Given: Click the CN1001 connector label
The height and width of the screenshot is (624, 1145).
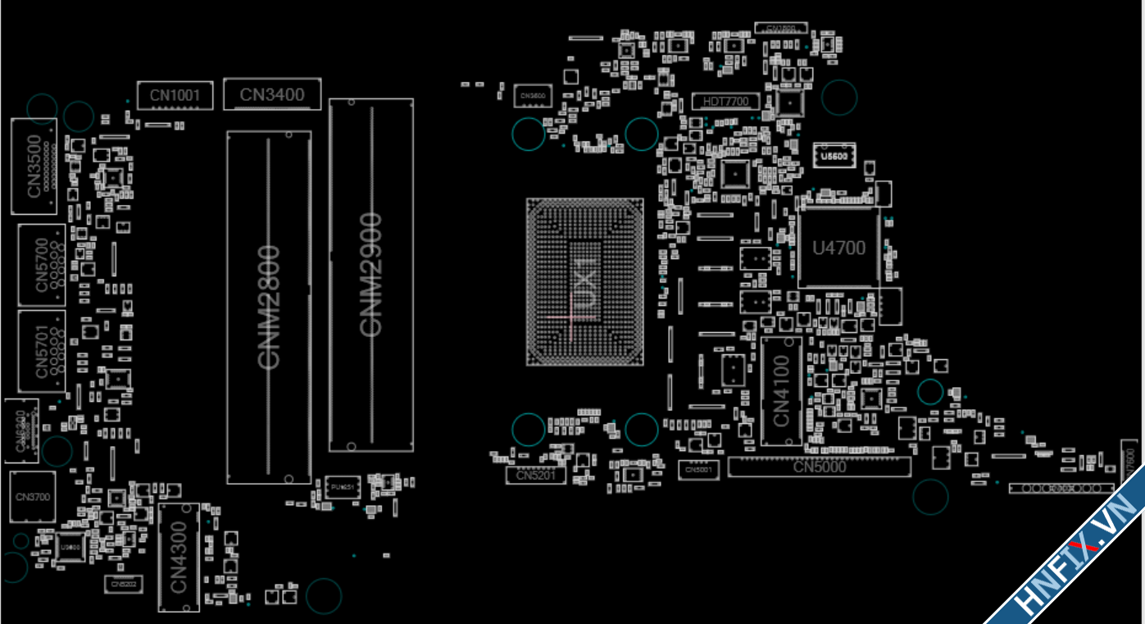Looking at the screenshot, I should [x=175, y=96].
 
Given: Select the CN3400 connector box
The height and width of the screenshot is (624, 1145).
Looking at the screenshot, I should [x=272, y=95].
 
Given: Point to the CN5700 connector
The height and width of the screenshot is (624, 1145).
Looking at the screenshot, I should [x=42, y=265].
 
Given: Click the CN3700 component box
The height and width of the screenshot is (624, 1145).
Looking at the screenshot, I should [x=33, y=497].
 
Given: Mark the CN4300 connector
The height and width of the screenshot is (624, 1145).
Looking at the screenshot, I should [x=179, y=557].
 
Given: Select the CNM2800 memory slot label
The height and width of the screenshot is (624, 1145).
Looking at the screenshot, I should [x=269, y=307].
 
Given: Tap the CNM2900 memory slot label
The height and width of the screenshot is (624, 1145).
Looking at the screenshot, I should [x=371, y=274].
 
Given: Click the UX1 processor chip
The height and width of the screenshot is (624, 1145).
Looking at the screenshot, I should [x=584, y=281].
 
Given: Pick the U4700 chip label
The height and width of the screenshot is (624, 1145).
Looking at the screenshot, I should [x=838, y=248].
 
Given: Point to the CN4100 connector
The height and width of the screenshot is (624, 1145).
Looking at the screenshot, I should [x=781, y=390].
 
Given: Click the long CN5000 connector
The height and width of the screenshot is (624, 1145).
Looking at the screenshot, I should [x=820, y=467].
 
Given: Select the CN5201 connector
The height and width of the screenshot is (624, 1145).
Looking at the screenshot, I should [x=531, y=475].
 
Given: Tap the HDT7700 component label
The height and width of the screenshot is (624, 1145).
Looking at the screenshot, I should [x=726, y=102].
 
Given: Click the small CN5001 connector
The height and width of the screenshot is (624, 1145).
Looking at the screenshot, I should [x=698, y=470].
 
